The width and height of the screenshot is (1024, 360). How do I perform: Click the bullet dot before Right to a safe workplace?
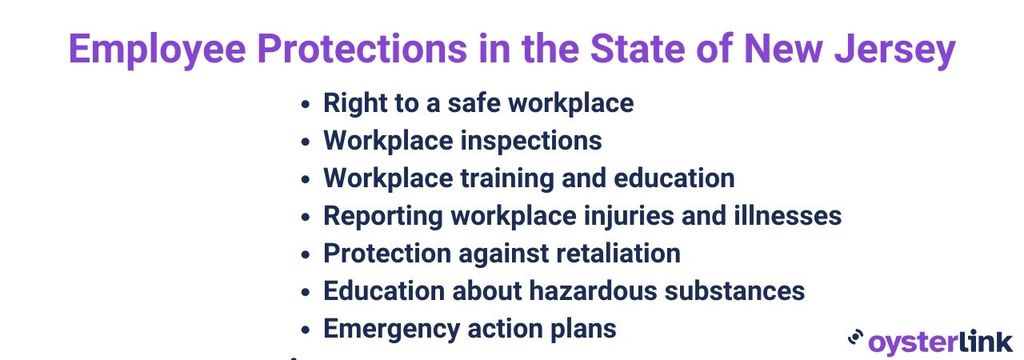(x=306, y=104)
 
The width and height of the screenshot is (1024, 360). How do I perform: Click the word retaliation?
(x=617, y=253)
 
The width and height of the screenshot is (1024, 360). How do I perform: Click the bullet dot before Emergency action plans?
(x=306, y=329)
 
